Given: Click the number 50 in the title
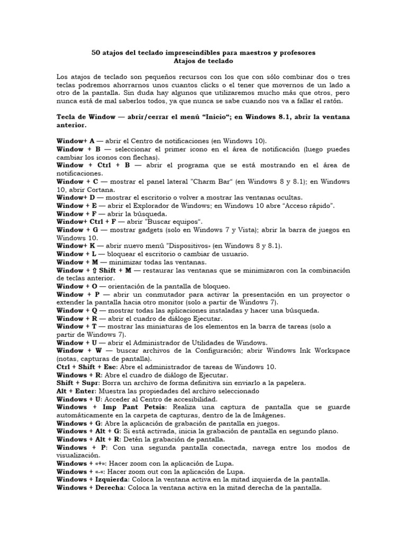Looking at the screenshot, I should tap(96, 53).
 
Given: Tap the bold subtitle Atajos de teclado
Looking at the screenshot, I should tap(203, 61).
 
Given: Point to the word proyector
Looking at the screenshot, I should tap(326, 294).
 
